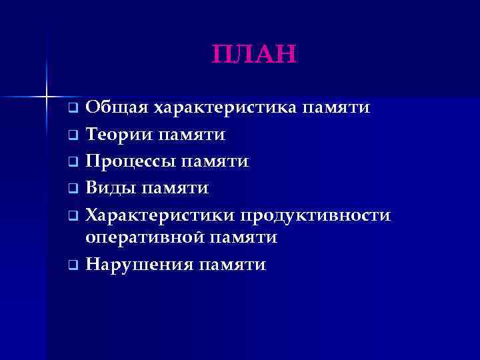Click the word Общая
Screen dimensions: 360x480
tap(117, 107)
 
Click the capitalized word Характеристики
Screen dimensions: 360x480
tap(160, 216)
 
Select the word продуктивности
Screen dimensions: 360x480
tap(316, 216)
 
